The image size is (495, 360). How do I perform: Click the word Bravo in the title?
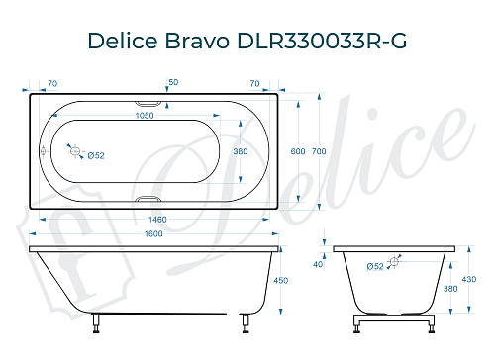[x=201, y=41]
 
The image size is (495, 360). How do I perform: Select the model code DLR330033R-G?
[x=321, y=41]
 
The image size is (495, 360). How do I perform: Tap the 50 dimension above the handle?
[x=173, y=81]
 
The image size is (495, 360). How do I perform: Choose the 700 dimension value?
[x=318, y=151]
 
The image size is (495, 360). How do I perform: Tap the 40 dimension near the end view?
[x=318, y=264]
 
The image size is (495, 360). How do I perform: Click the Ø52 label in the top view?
[x=96, y=156]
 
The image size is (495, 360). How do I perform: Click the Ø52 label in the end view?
[x=376, y=266]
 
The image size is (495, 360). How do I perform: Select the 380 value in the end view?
[x=452, y=290]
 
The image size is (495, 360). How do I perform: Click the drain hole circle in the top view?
[x=72, y=150]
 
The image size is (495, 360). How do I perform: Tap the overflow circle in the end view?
[x=394, y=261]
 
